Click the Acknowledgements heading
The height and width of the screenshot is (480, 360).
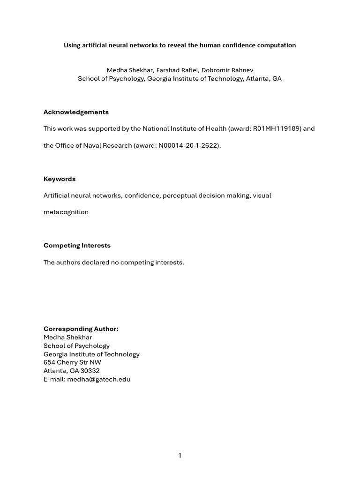tap(76, 112)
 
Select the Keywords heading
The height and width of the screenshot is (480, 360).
tap(60, 179)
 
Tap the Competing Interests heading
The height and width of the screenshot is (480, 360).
tap(77, 246)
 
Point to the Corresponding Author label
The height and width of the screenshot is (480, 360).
tap(81, 329)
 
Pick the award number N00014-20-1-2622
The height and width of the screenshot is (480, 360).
tap(189, 145)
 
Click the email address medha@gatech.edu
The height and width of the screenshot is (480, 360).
tap(98, 380)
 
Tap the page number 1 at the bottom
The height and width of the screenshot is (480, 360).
tap(180, 456)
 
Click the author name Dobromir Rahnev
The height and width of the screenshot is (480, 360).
tap(227, 70)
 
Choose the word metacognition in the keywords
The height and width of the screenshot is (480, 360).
tap(66, 212)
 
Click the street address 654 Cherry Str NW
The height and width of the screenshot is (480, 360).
tap(72, 363)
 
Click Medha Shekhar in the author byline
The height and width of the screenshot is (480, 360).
tap(128, 70)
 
